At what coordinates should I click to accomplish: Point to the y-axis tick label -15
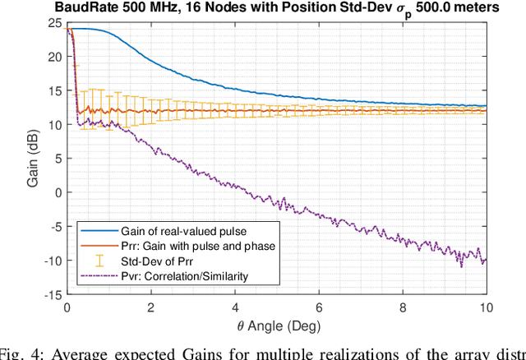click(x=52, y=294)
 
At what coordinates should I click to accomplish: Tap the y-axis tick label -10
click(x=52, y=261)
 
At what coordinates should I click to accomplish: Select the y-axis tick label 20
click(x=55, y=58)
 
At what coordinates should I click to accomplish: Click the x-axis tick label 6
click(x=318, y=307)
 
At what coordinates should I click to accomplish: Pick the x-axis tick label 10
click(x=485, y=307)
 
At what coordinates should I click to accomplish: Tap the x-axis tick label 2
click(x=150, y=307)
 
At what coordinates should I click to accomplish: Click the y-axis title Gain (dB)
click(x=32, y=159)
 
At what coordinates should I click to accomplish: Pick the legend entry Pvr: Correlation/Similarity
click(x=178, y=275)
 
